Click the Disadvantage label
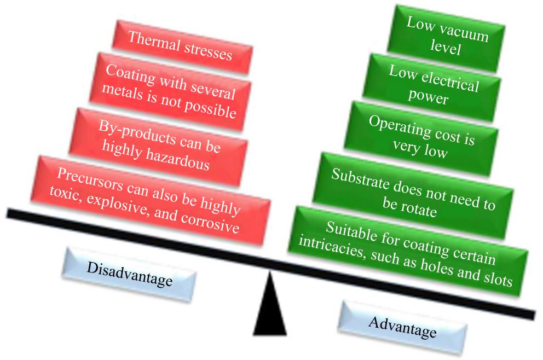pyautogui.click(x=130, y=274)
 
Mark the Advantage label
pyautogui.click(x=402, y=326)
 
